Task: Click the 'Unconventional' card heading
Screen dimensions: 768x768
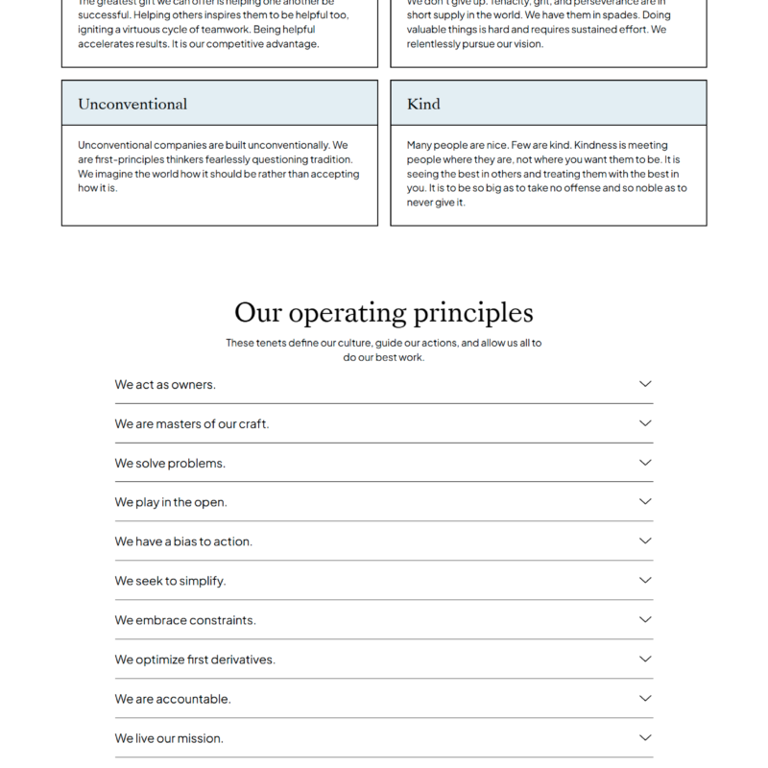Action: pos(132,104)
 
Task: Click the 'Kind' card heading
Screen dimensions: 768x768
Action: pos(423,104)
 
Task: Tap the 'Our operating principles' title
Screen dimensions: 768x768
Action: pos(384,313)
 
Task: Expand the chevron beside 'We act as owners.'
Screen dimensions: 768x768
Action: pos(645,384)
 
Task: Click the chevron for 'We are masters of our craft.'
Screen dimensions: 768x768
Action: pos(645,423)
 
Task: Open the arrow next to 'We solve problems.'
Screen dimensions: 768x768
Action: pos(645,463)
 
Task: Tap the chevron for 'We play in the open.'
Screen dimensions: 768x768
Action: pos(645,502)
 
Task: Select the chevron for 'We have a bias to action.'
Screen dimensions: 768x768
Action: pos(645,541)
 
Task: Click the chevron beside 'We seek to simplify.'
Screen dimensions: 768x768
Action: pos(645,581)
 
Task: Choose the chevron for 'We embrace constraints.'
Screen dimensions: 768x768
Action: pos(645,620)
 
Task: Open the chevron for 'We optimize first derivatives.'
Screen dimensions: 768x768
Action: pos(645,660)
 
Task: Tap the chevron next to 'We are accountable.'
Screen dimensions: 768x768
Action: pos(645,699)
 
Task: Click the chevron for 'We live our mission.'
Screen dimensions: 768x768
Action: pos(645,738)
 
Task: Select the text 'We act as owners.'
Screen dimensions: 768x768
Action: pos(165,384)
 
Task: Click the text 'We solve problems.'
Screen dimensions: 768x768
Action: pos(170,463)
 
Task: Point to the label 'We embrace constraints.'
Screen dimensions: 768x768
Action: pos(185,620)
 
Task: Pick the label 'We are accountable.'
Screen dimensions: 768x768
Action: pos(173,699)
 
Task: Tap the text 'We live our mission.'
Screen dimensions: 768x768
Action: pos(169,738)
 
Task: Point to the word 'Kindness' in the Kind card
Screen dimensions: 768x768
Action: pos(599,145)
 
